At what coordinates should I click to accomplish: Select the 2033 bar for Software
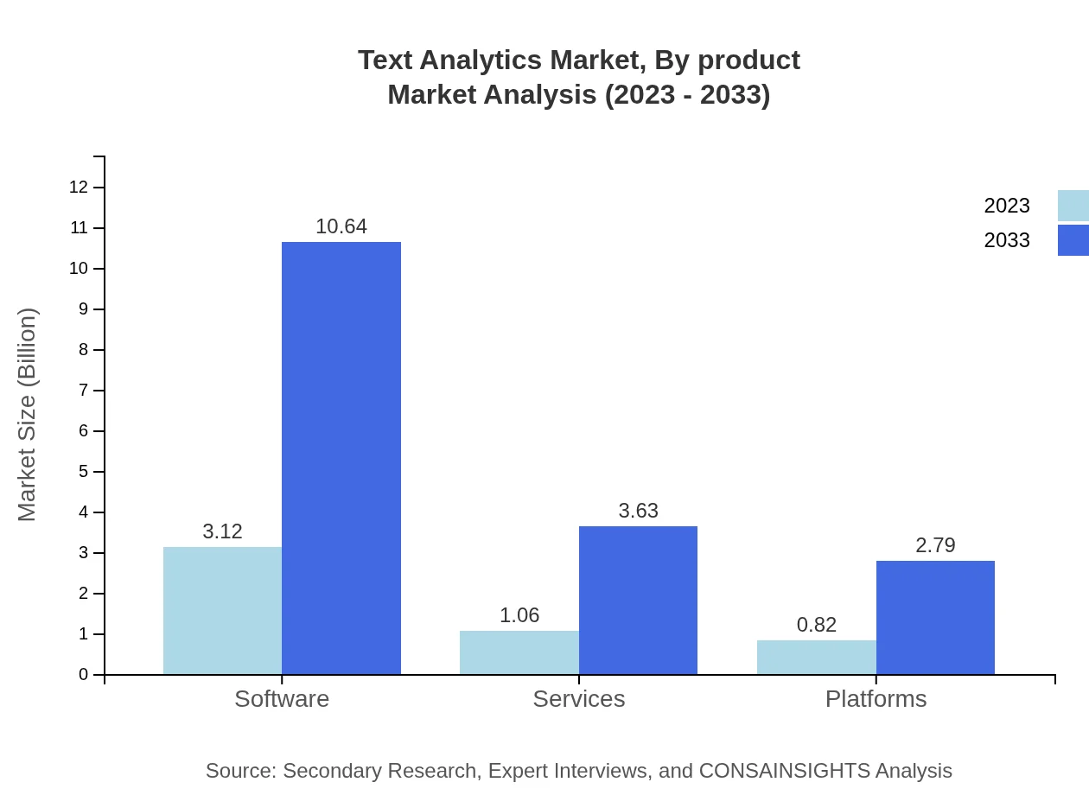pyautogui.click(x=341, y=458)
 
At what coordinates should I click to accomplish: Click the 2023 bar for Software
pyautogui.click(x=222, y=610)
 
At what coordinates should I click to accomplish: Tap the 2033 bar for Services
pyautogui.click(x=638, y=600)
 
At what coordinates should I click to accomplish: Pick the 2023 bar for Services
pyautogui.click(x=519, y=652)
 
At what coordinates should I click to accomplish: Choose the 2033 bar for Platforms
pyautogui.click(x=935, y=617)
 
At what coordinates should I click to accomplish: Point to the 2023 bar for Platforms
pyautogui.click(x=816, y=657)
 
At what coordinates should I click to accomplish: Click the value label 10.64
pyautogui.click(x=341, y=226)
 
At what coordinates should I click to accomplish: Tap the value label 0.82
pyautogui.click(x=816, y=625)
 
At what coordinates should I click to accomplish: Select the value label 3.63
pyautogui.click(x=638, y=511)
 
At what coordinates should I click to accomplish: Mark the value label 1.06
pyautogui.click(x=519, y=615)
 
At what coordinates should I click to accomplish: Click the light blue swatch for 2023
pyautogui.click(x=1073, y=206)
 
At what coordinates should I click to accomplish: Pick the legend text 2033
pyautogui.click(x=1006, y=240)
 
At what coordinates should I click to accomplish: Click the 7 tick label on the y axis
pyautogui.click(x=84, y=391)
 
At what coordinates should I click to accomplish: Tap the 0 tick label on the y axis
pyautogui.click(x=84, y=675)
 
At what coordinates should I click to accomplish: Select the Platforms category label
pyautogui.click(x=876, y=698)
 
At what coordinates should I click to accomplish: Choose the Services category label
pyautogui.click(x=578, y=698)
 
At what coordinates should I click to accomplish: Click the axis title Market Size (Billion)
pyautogui.click(x=28, y=415)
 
